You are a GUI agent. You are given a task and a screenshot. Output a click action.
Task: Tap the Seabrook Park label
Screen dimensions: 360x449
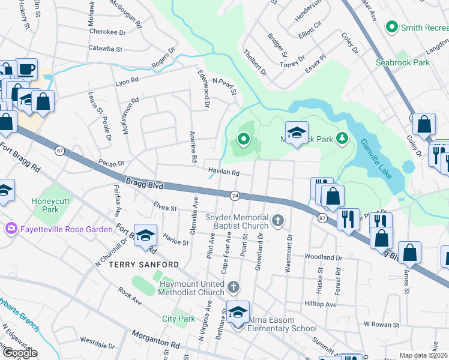pos(402,62)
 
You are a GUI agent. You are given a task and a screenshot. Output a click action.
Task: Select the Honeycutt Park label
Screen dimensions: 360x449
pos(46,205)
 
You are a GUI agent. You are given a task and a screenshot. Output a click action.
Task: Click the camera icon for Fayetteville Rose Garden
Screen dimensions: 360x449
pos(11,229)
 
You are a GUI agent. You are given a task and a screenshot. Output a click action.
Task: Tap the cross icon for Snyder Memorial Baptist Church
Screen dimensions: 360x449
pos(277,221)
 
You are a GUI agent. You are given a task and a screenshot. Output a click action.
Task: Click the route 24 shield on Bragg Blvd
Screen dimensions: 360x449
pos(235,195)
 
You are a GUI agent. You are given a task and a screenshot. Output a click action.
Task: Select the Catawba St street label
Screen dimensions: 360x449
pos(105,48)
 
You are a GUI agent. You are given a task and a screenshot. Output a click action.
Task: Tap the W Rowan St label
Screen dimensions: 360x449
pos(383,324)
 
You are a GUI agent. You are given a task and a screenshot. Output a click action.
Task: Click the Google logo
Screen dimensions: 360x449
pos(19,353)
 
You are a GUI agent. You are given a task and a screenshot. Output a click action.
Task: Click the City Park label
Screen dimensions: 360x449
pos(178,319)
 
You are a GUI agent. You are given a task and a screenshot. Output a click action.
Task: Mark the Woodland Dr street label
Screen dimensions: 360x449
pos(323,257)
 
